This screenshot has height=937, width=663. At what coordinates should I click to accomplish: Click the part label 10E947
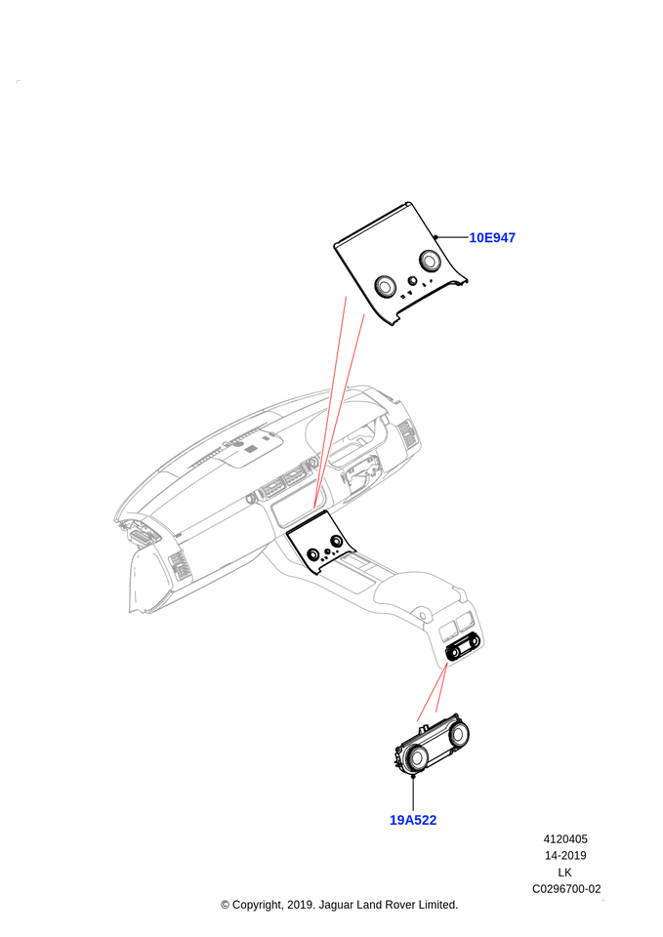point(492,238)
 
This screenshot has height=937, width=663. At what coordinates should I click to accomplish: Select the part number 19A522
point(412,820)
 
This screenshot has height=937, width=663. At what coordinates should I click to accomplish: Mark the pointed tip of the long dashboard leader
point(313,507)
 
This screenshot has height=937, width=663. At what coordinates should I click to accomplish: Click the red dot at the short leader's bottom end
point(417,722)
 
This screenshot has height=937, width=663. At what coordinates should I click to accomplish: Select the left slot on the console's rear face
point(451,631)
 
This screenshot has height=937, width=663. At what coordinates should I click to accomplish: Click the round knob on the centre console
point(422,614)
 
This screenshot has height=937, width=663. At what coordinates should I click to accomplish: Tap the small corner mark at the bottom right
point(602,899)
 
